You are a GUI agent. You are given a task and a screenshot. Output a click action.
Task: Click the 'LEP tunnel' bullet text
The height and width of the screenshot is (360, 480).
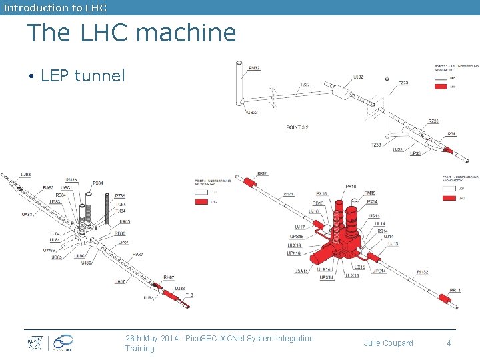(83, 75)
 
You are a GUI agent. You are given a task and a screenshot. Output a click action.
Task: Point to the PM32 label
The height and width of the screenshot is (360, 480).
(254, 68)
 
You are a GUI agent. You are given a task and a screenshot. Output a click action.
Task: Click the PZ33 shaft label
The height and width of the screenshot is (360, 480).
(403, 83)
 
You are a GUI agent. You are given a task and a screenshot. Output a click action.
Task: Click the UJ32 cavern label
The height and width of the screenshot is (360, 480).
(359, 77)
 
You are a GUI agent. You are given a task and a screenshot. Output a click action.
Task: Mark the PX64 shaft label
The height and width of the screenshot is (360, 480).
(97, 183)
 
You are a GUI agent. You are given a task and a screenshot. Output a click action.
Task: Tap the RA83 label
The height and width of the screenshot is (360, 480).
(48, 188)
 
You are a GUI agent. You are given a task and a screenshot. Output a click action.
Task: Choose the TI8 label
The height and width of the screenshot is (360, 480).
(189, 295)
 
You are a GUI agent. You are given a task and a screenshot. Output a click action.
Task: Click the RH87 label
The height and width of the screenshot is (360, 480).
(169, 277)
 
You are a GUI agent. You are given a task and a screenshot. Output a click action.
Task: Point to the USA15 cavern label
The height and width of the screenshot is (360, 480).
(301, 271)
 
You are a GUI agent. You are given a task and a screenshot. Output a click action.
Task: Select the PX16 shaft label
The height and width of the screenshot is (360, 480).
(351, 187)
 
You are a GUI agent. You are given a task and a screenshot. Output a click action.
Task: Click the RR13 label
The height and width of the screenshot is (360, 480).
(455, 290)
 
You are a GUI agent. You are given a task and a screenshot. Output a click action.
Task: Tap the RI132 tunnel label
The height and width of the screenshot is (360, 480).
(423, 272)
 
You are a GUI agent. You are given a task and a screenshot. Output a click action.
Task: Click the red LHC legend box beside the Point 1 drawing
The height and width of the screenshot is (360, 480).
(449, 198)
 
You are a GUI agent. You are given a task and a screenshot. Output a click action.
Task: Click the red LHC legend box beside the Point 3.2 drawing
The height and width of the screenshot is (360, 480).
(440, 86)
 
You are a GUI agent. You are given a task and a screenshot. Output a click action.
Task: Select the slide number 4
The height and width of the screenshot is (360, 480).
(449, 343)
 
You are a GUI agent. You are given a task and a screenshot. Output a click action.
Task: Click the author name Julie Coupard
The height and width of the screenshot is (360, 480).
(388, 343)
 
